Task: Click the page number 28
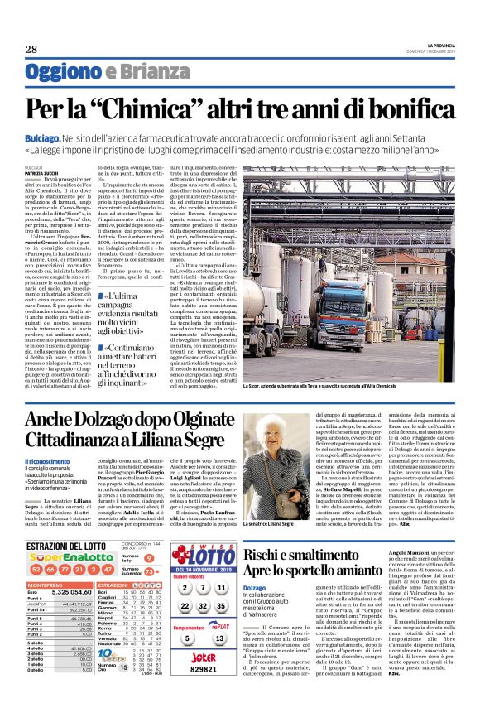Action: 31,49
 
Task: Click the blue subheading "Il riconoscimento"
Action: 47,460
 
